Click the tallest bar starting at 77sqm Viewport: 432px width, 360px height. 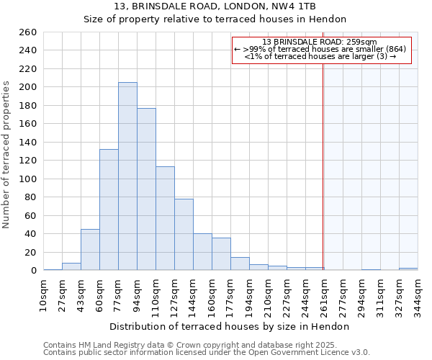[x=127, y=176]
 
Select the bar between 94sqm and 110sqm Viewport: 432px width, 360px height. [x=146, y=189]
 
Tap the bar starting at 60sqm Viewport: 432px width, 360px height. [x=109, y=210]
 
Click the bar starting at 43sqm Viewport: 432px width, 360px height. [x=90, y=250]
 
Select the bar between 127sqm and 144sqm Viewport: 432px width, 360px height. [x=184, y=235]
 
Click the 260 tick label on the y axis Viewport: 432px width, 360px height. [x=28, y=32]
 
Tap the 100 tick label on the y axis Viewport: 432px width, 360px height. [x=28, y=179]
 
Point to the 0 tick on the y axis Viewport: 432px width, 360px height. [x=33, y=271]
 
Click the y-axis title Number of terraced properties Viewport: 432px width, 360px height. [x=7, y=155]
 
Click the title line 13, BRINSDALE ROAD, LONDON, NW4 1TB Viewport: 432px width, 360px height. [x=215, y=6]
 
